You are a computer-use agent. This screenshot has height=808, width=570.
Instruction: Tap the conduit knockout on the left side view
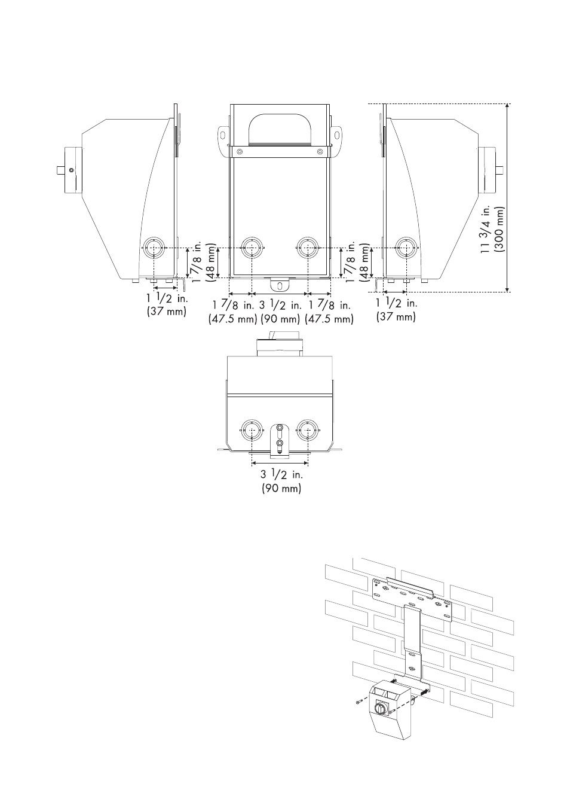point(153,248)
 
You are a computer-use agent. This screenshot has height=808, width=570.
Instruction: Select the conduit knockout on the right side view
point(406,248)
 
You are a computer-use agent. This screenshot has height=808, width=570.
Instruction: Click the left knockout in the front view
point(252,248)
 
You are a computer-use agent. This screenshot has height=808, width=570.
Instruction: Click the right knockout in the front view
point(308,248)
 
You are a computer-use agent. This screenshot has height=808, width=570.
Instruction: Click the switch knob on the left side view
point(69,170)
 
